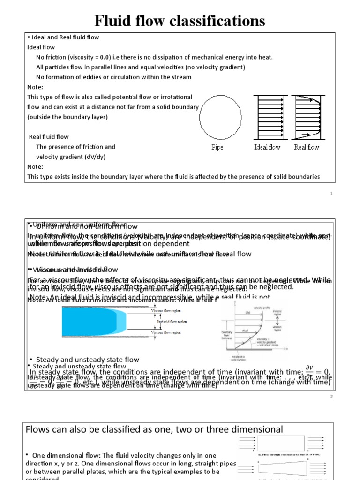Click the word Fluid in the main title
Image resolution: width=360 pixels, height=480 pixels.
[115, 21]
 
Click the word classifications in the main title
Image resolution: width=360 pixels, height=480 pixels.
[217, 21]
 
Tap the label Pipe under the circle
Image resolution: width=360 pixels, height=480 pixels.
[217, 147]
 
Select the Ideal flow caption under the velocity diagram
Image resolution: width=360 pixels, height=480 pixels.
[267, 147]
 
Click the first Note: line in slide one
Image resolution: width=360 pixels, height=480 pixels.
[35, 87]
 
